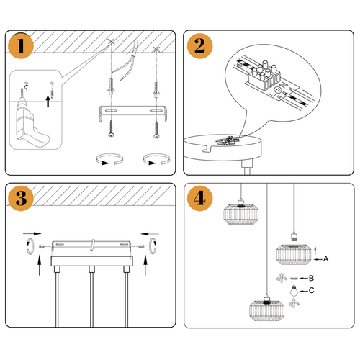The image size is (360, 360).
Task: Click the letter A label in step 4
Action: [325, 258]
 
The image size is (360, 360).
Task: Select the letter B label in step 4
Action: [312, 278]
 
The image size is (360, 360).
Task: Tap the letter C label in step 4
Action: [311, 291]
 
